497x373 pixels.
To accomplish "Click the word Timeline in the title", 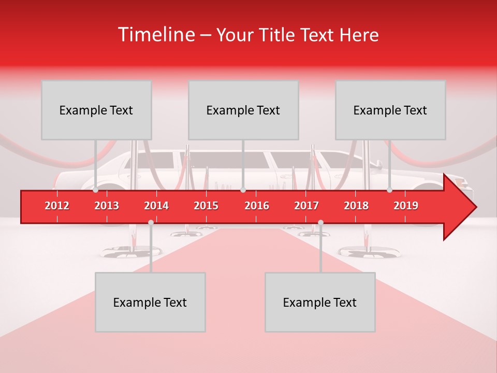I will (156, 35).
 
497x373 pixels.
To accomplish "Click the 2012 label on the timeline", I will (57, 206).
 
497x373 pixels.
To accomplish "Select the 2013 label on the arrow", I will (107, 206).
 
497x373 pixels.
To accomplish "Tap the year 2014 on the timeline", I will (156, 206).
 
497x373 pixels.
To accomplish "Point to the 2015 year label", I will (206, 206).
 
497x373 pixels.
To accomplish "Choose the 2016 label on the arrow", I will (257, 206).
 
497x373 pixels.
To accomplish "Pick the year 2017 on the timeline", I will (306, 206).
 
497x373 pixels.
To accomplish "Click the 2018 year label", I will (356, 206).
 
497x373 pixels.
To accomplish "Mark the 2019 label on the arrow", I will (406, 206).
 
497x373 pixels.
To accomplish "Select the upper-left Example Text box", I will (96, 110).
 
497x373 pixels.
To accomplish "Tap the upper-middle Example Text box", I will (243, 110).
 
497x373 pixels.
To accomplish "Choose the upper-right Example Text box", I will (390, 110).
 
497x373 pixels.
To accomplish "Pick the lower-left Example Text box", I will (150, 302).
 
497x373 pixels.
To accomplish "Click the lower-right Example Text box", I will (320, 302).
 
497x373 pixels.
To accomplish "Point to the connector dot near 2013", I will (96, 190).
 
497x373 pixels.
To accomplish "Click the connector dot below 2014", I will (151, 222).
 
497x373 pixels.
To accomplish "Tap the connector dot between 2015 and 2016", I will (243, 190).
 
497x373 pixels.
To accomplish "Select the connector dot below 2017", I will (320, 222).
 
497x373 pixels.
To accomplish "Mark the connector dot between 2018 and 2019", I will (390, 190).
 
